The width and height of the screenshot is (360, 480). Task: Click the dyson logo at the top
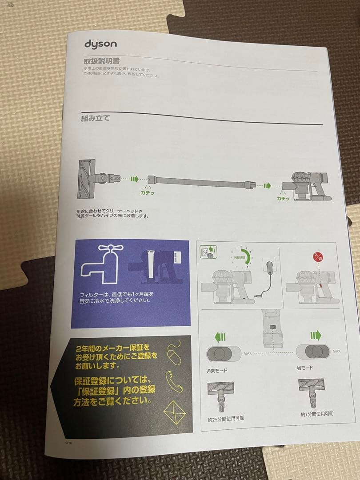pyautogui.click(x=100, y=44)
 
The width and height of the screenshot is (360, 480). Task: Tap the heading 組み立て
pyautogui.click(x=96, y=119)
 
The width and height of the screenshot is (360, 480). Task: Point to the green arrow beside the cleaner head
pyautogui.click(x=132, y=179)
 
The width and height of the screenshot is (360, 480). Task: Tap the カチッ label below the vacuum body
pyautogui.click(x=283, y=198)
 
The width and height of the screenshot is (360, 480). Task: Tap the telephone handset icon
pyautogui.click(x=174, y=380)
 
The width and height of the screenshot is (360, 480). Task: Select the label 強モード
pyautogui.click(x=305, y=368)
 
